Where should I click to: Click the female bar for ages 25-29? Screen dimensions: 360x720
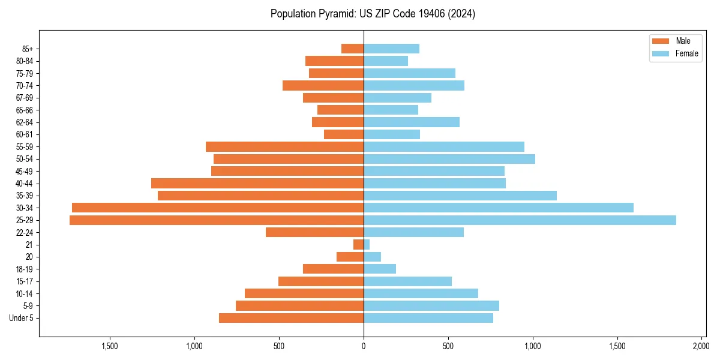(520, 220)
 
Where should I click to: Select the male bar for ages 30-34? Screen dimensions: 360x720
(218, 208)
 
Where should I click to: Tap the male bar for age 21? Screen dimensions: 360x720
(358, 245)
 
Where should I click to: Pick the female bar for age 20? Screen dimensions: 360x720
(372, 257)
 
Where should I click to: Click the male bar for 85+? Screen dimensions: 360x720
(352, 49)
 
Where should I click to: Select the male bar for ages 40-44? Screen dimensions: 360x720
(257, 184)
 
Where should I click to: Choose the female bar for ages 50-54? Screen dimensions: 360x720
(449, 159)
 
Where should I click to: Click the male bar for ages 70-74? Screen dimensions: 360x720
(323, 86)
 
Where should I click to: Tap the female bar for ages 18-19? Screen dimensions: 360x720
(380, 269)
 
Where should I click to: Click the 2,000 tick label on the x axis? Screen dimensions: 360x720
(701, 346)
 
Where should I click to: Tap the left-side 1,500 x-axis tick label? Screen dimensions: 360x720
(110, 346)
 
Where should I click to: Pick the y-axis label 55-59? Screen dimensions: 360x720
(24, 147)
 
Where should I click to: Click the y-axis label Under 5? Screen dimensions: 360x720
(22, 318)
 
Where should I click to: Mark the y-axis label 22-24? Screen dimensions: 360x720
(24, 232)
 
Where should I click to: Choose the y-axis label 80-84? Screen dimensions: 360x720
(24, 61)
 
